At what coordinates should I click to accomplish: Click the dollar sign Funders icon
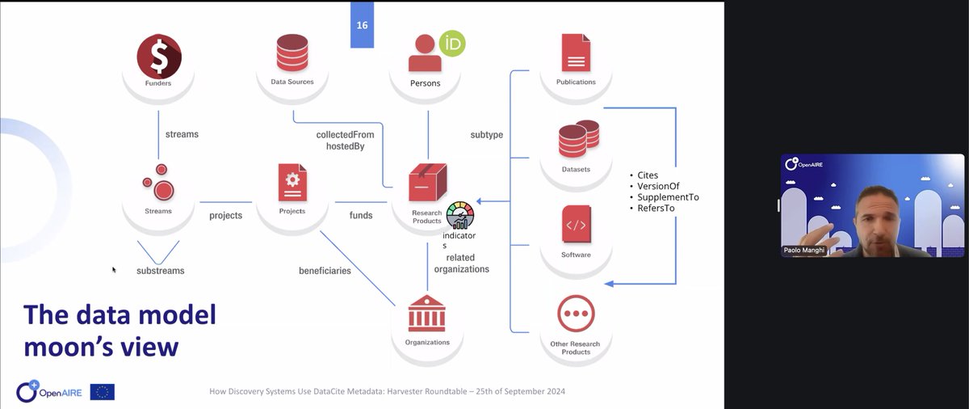(x=159, y=56)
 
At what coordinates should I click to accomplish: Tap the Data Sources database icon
(x=292, y=53)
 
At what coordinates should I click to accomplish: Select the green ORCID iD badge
(x=452, y=44)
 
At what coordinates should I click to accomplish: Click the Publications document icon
(x=576, y=53)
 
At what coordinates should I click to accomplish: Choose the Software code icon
(x=576, y=225)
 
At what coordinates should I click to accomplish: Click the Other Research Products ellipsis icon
(x=576, y=314)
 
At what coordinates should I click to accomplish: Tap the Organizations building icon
(x=426, y=314)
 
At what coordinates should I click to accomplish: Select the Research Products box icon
(x=427, y=183)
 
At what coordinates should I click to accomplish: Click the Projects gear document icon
(x=292, y=183)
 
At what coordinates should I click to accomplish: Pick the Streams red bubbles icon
(x=158, y=183)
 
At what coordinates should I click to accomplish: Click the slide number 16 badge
(x=362, y=25)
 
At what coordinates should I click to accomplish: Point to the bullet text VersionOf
(x=658, y=186)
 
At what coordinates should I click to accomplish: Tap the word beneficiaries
(x=325, y=271)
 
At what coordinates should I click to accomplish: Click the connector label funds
(x=361, y=216)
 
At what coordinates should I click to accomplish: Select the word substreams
(x=160, y=271)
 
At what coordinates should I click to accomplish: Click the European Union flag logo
(x=103, y=392)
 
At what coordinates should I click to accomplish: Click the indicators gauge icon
(x=460, y=216)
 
